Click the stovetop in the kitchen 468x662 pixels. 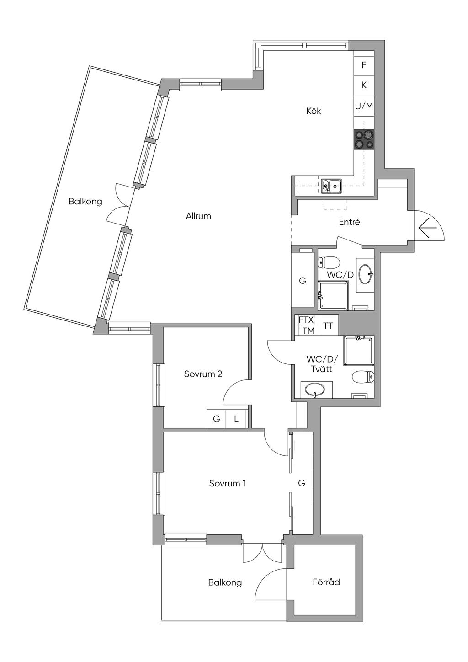(364, 139)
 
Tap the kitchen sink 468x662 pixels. (331, 186)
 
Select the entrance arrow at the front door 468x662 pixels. (427, 228)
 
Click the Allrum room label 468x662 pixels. (198, 216)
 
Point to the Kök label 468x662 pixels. (314, 111)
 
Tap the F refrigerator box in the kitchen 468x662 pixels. (364, 65)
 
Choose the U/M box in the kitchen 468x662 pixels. (364, 106)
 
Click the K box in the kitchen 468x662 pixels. (364, 85)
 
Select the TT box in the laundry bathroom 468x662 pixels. (328, 326)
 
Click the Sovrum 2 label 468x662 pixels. (203, 374)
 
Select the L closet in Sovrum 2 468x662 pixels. (236, 419)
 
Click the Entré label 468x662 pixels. (350, 222)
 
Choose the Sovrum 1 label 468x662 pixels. (228, 484)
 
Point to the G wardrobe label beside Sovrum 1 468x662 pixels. (301, 483)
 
